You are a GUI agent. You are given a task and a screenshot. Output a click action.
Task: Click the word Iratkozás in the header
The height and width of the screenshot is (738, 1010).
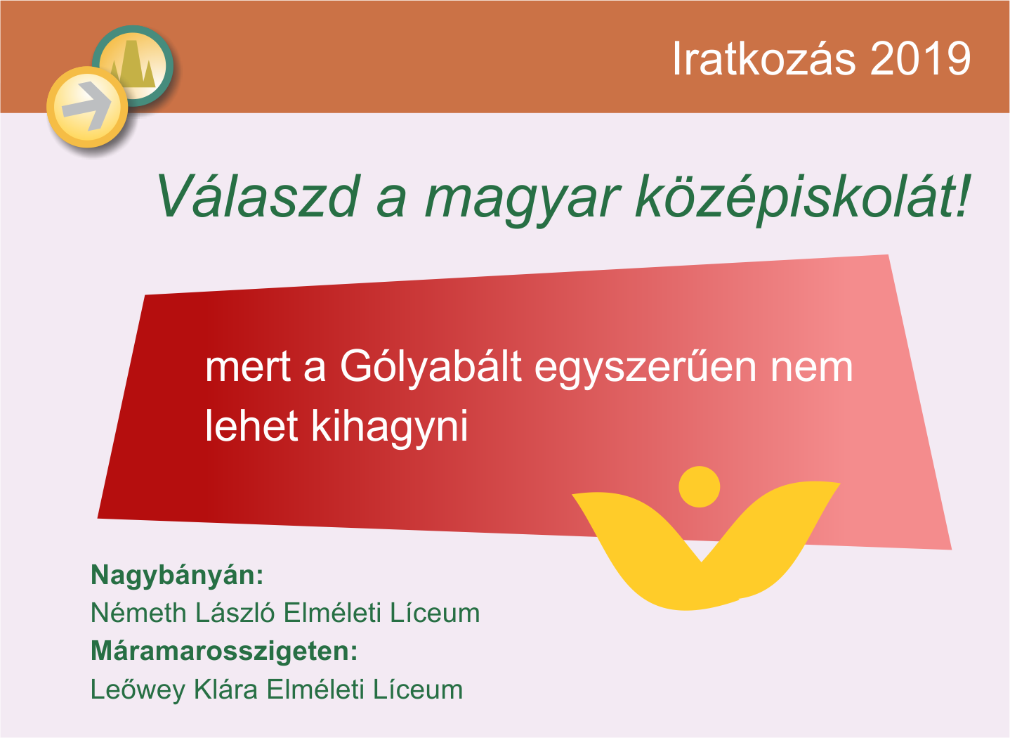tap(763, 58)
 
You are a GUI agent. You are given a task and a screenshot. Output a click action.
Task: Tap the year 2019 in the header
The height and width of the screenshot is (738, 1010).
tap(920, 58)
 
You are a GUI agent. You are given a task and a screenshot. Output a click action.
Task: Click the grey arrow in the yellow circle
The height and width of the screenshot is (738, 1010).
tap(87, 107)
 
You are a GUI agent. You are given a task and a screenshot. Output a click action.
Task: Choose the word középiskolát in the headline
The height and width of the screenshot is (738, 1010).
tap(802, 198)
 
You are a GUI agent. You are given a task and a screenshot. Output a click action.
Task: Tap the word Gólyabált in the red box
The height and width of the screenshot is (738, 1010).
tap(431, 368)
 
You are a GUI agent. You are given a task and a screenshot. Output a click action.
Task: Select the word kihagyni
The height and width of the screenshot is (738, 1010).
tap(390, 427)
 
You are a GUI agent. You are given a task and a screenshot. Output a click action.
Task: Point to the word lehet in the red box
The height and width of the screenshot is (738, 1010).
tap(251, 426)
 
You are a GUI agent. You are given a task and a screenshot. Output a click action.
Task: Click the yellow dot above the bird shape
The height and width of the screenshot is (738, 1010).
tap(700, 487)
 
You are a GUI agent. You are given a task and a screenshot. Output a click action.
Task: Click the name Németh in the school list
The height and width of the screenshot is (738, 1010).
tap(138, 612)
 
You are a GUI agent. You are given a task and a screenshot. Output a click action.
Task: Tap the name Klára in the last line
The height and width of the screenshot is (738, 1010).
tap(225, 689)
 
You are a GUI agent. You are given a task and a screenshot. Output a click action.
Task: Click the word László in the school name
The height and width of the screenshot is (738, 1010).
tap(235, 612)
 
